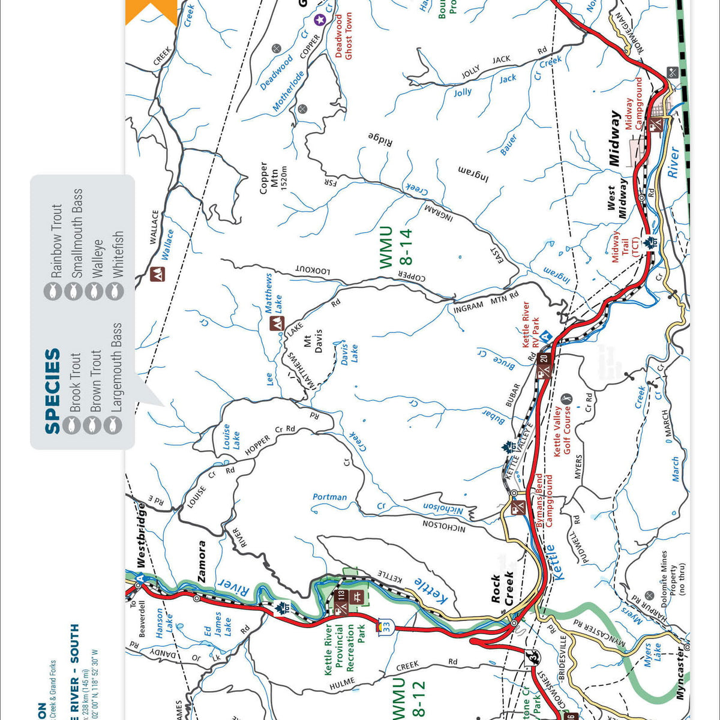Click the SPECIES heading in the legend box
53,391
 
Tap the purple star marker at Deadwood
320,20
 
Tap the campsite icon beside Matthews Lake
276,324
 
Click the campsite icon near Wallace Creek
157,274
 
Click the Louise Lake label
230,436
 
